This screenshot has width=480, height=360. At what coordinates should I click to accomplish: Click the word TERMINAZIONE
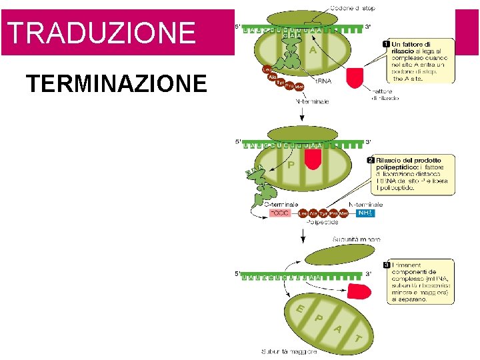116,84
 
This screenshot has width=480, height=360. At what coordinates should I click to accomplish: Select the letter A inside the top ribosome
312,49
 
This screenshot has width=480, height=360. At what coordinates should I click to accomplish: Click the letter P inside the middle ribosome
292,164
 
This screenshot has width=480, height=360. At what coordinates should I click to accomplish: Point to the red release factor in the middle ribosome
312,157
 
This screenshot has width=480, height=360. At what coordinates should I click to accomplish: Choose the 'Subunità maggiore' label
289,351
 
